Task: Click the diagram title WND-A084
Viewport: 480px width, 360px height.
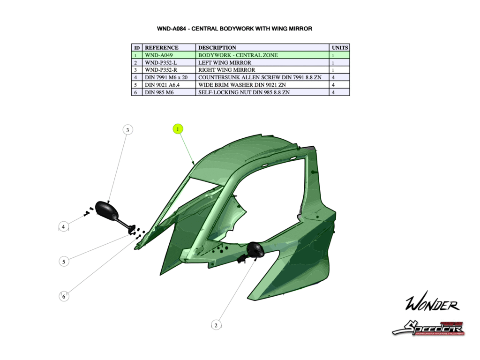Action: click(234, 29)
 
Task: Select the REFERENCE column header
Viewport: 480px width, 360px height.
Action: click(162, 47)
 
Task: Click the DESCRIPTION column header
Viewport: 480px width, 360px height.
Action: click(217, 47)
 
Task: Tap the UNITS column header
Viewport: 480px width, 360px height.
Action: click(340, 47)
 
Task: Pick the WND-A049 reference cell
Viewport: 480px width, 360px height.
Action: click(159, 55)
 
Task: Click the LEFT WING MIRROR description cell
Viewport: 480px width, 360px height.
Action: click(225, 62)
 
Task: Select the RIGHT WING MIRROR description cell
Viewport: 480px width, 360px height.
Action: click(226, 70)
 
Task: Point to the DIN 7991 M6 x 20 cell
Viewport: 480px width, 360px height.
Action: click(166, 77)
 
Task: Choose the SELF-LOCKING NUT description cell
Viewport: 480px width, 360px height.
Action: click(244, 92)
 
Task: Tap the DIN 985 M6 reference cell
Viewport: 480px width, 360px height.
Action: click(159, 92)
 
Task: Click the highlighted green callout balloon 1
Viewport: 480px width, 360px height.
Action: click(178, 129)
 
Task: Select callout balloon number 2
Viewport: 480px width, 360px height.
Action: click(216, 325)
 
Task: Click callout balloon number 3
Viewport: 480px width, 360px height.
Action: click(127, 130)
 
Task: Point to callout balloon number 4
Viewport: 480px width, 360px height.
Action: click(64, 227)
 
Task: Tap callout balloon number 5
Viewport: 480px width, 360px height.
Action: click(64, 262)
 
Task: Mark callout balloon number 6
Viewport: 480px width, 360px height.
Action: click(64, 296)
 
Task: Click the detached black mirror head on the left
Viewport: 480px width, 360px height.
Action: click(105, 209)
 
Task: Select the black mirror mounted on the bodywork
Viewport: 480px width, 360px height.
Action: click(255, 250)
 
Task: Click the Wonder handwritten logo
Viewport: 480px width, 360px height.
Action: click(432, 305)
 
